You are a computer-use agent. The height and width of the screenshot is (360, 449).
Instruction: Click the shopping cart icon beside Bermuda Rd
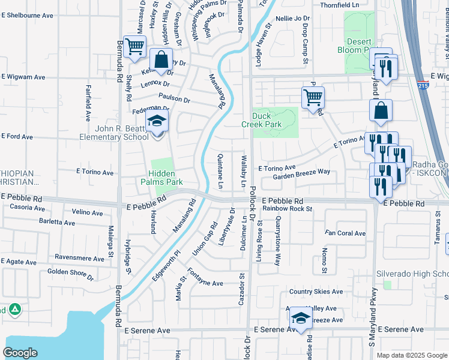coord(136,46)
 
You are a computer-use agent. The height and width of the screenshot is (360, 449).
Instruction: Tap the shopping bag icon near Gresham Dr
coord(161,60)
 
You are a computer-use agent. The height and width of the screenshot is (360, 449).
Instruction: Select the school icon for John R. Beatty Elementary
coord(157,122)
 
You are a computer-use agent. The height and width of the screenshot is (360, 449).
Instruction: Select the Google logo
coord(20,352)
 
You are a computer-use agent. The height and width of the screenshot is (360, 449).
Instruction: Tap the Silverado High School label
coord(412,274)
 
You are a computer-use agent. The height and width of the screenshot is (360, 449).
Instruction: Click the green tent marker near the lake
coord(14,310)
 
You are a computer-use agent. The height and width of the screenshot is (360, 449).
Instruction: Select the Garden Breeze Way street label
coord(301,174)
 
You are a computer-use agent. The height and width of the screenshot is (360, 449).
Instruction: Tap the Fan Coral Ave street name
coord(345,233)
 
